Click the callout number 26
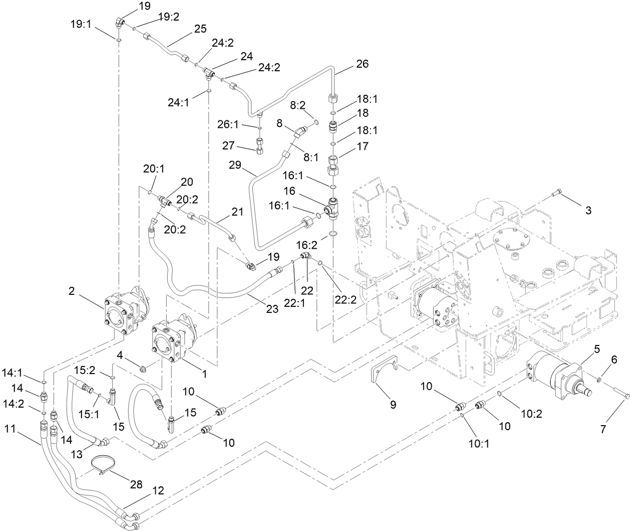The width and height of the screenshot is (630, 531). (362, 64)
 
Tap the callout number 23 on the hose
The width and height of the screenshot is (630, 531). (272, 309)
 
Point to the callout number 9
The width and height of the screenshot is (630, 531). (393, 404)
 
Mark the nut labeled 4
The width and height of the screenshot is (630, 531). (143, 371)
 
